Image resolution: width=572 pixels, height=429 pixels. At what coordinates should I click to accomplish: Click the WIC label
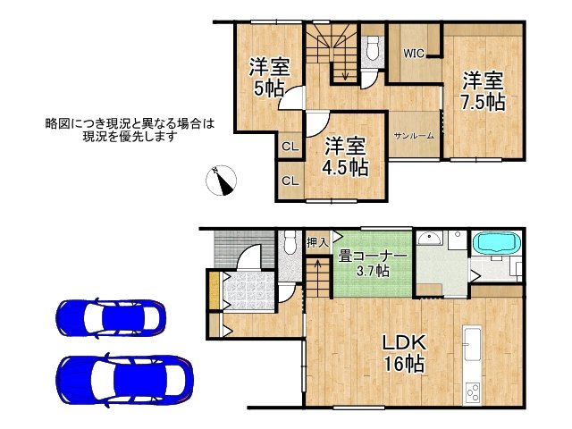click(414, 54)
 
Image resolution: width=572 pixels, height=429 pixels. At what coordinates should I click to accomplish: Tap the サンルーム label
click(414, 136)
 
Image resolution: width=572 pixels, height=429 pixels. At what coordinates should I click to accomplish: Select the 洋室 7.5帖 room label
click(483, 91)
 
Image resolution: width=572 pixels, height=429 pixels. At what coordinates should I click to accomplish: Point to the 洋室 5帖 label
click(269, 78)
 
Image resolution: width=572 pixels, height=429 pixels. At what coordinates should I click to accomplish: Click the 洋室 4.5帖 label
click(345, 156)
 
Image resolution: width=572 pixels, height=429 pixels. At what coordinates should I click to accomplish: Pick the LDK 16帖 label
click(404, 353)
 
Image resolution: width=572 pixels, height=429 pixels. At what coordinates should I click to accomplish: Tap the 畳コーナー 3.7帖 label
click(372, 264)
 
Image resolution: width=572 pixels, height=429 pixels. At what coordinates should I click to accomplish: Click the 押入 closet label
click(318, 241)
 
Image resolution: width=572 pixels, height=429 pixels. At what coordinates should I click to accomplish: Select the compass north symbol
click(221, 181)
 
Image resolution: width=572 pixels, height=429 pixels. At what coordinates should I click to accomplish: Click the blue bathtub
click(496, 242)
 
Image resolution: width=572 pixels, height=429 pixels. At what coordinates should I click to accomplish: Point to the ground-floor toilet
click(290, 242)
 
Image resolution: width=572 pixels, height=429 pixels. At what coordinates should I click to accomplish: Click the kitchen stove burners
click(473, 392)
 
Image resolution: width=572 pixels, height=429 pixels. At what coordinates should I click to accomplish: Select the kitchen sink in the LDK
click(472, 343)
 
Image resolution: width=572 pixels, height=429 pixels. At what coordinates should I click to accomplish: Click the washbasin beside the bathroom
click(430, 239)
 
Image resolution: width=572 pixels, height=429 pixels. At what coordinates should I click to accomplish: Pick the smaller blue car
click(111, 318)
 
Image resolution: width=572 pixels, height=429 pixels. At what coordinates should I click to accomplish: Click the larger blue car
click(125, 380)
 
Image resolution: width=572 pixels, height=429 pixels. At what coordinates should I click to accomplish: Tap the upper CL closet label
click(290, 147)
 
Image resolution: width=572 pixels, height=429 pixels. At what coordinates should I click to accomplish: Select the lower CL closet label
click(290, 181)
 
